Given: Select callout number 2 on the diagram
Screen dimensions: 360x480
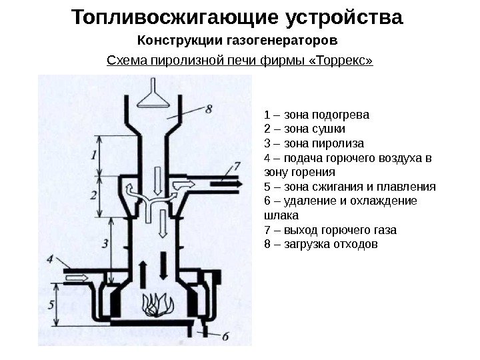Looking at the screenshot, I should click(x=95, y=195).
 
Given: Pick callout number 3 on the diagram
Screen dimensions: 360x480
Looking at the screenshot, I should click(x=105, y=244).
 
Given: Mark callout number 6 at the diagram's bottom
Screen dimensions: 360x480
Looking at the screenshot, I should click(x=225, y=337).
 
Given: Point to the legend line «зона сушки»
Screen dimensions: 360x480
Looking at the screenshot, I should click(x=305, y=129).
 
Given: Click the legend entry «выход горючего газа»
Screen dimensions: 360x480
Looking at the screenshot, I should click(x=330, y=230).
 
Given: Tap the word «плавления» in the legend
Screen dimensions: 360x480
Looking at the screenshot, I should click(x=408, y=187).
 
